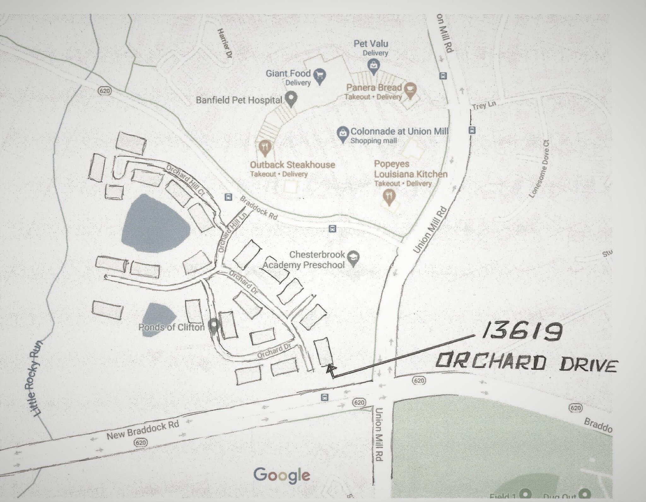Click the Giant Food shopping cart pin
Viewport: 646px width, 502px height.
point(320,75)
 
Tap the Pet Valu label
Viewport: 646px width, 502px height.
point(371,43)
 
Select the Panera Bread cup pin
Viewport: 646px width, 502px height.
point(410,90)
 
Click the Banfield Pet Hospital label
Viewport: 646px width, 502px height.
point(239,100)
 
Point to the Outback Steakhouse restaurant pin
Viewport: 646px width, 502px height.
point(265,147)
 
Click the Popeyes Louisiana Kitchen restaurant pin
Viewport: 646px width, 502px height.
point(389,197)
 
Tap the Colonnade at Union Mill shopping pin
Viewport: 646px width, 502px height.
point(343,134)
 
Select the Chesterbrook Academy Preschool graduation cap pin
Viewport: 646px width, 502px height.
point(353,258)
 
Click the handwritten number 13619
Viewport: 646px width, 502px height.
point(522,332)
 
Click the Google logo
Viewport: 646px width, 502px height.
point(282,475)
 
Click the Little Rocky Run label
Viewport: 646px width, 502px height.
point(36,378)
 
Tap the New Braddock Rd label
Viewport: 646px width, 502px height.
point(143,431)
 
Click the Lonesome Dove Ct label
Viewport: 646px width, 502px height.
point(539,169)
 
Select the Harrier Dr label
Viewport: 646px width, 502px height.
point(224,43)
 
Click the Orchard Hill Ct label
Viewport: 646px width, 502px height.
point(186,180)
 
